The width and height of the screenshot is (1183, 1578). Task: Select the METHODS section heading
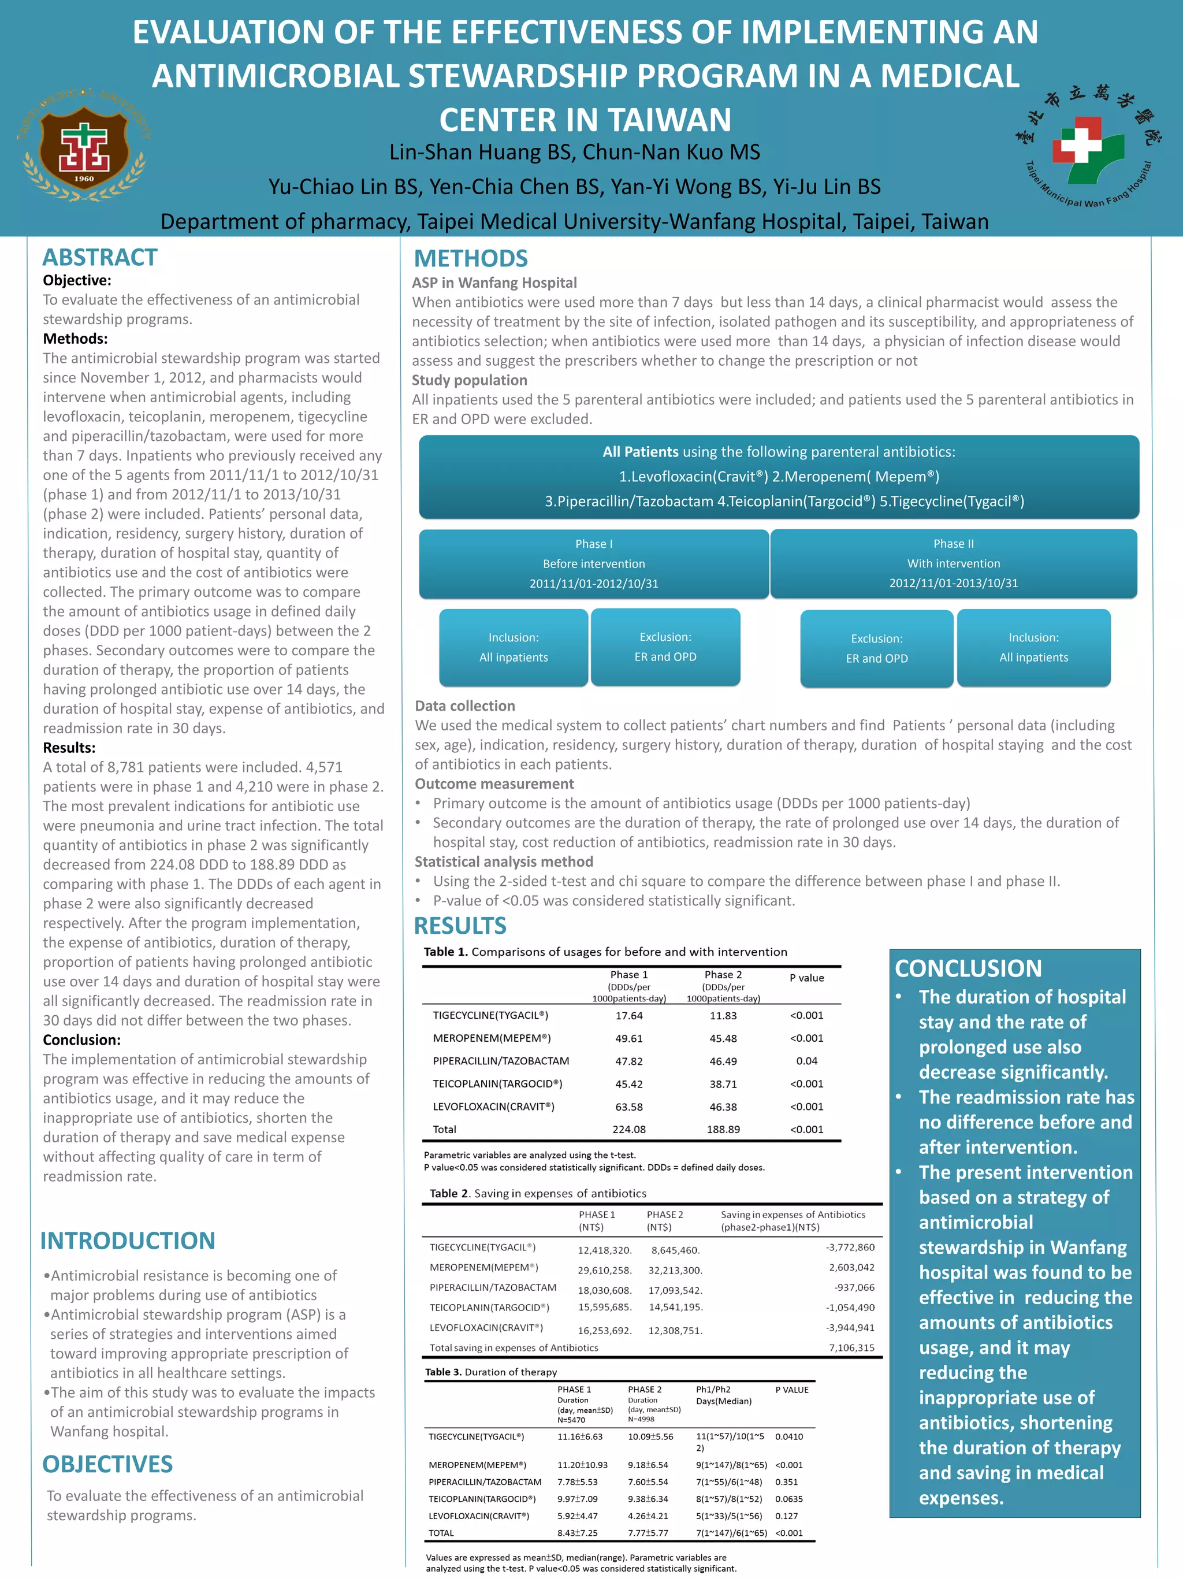coord(471,258)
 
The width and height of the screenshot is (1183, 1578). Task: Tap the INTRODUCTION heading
coord(128,1241)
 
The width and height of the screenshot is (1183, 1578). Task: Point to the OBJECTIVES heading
coord(107,1464)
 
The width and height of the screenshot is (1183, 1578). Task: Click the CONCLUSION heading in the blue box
coord(968,968)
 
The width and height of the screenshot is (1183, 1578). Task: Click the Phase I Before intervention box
coord(593,563)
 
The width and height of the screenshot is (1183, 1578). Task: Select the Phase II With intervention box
coord(953,563)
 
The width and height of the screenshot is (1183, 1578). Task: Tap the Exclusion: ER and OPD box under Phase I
coord(665,647)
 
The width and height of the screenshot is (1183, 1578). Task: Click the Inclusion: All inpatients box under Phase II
coord(1033,648)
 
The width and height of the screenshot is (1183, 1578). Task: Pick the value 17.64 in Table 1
coord(629,1015)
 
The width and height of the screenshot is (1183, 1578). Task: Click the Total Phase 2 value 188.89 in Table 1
coord(723,1129)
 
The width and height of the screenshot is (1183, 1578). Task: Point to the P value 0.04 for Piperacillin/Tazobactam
coord(806,1061)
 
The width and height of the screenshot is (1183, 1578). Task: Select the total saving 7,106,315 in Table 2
coord(851,1347)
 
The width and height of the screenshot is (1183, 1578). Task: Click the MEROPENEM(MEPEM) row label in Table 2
coord(483,1267)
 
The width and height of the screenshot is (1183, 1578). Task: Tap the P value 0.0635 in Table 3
coord(788,1499)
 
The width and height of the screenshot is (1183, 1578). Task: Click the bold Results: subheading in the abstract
coord(69,748)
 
